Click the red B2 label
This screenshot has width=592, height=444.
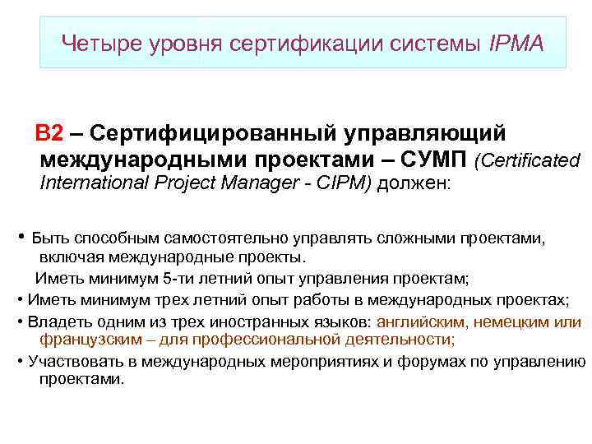48,133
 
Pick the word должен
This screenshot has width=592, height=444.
416,184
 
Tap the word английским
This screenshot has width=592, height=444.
426,321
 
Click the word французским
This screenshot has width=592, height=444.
86,340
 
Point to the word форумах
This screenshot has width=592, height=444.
410,361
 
